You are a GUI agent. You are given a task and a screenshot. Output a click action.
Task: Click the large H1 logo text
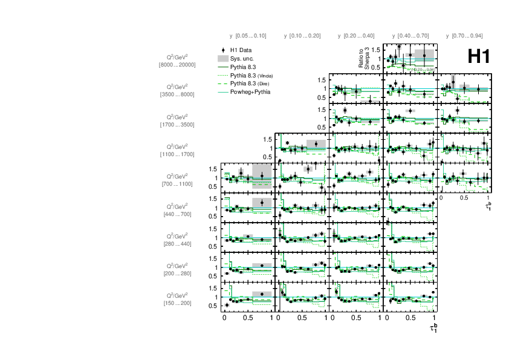click(x=478, y=56)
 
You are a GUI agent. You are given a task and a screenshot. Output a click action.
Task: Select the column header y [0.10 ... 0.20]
click(x=302, y=36)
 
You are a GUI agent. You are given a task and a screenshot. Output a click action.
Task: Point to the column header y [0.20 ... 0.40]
click(x=356, y=36)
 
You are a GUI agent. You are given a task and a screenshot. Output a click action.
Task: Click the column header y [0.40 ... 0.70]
click(x=410, y=36)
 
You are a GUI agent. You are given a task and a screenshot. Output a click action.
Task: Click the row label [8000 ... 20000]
click(x=177, y=64)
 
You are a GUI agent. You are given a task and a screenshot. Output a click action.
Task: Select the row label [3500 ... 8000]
click(x=177, y=94)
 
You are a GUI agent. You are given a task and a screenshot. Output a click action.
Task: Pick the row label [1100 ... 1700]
click(x=177, y=154)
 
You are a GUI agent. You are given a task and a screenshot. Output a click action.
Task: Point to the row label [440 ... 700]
click(x=177, y=214)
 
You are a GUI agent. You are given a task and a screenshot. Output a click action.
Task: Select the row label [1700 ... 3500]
click(x=177, y=124)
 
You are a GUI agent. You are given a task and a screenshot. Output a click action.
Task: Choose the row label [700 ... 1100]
click(x=177, y=183)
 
